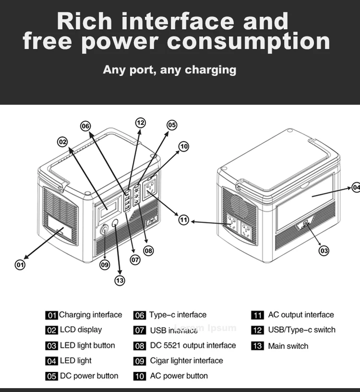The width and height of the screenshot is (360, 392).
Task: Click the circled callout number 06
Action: point(85,126)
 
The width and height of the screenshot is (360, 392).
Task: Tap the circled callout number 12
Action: point(140,122)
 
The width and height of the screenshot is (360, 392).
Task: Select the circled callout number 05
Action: point(171,125)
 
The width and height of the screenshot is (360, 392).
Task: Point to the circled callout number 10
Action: point(183,147)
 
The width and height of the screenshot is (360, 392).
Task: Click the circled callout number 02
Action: point(62,142)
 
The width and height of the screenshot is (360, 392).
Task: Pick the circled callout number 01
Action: point(20,264)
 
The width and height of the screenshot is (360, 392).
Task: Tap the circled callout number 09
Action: point(105,264)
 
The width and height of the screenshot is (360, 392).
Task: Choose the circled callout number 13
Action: point(120,281)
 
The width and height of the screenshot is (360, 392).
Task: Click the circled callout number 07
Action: point(135,259)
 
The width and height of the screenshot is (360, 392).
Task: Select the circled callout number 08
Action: point(148,250)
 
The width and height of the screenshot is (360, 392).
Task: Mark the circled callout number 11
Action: point(184,220)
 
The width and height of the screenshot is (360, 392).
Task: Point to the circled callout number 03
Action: point(324,250)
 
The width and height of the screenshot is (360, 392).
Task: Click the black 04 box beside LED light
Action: point(51,361)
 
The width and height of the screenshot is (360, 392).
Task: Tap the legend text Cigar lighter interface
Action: point(186,361)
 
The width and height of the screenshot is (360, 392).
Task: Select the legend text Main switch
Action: point(288,346)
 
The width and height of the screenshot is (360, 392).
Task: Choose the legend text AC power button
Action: point(179,376)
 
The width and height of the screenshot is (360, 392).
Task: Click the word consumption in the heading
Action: point(249,42)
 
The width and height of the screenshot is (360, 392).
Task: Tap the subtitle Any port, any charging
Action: point(169,70)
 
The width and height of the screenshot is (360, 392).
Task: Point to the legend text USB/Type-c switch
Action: point(301,330)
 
